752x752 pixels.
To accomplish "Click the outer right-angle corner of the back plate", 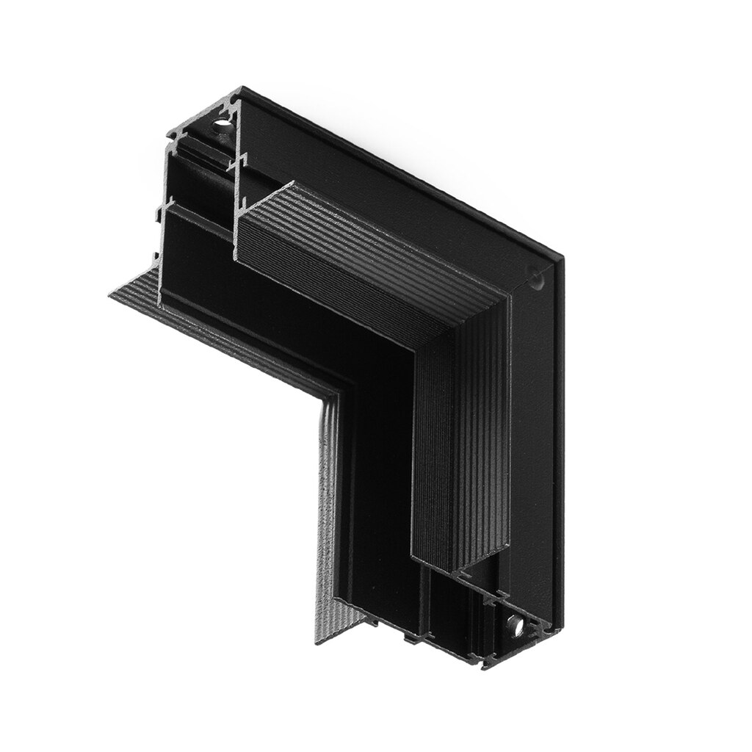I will pos(563,257).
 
